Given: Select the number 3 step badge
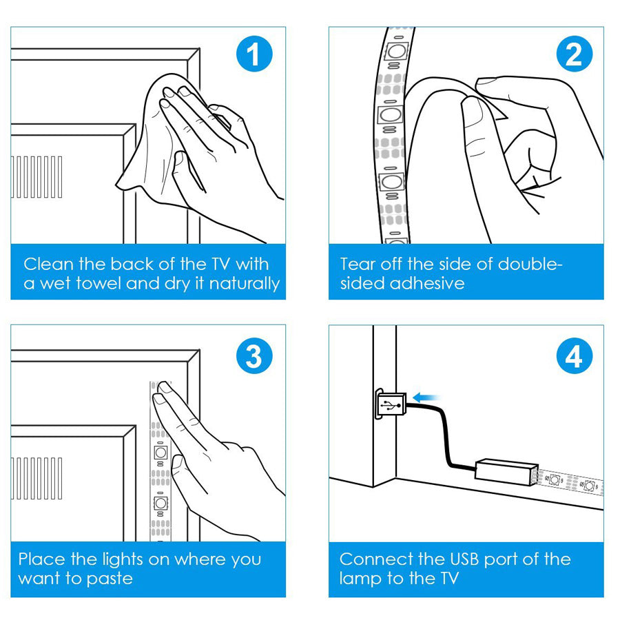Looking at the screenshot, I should pos(255,357).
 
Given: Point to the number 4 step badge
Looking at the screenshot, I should pos(574,358).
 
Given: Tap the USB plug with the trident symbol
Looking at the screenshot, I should pos(391,404).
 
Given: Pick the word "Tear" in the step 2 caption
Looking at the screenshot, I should pos(358,264).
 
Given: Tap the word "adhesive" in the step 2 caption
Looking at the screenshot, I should pos(431,284).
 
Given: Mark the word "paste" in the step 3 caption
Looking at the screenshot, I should pos(109,579).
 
